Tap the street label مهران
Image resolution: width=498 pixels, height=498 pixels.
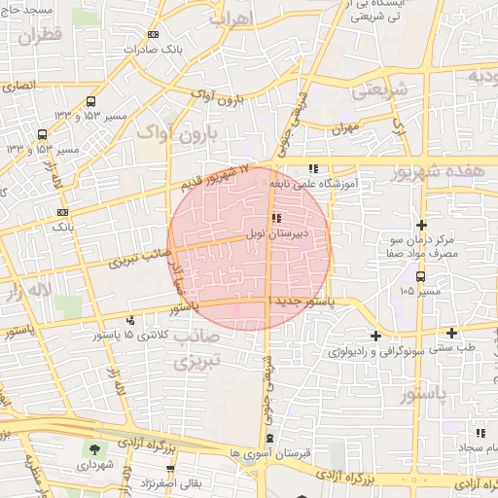342,128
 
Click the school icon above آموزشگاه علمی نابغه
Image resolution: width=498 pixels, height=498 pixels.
312,167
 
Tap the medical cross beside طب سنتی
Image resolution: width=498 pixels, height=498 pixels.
452,333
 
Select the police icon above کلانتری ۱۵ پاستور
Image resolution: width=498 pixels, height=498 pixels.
130,320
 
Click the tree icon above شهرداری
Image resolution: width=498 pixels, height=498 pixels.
94,449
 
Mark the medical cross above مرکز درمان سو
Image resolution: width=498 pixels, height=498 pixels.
421,225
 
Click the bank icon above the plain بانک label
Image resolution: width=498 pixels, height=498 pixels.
62,211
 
